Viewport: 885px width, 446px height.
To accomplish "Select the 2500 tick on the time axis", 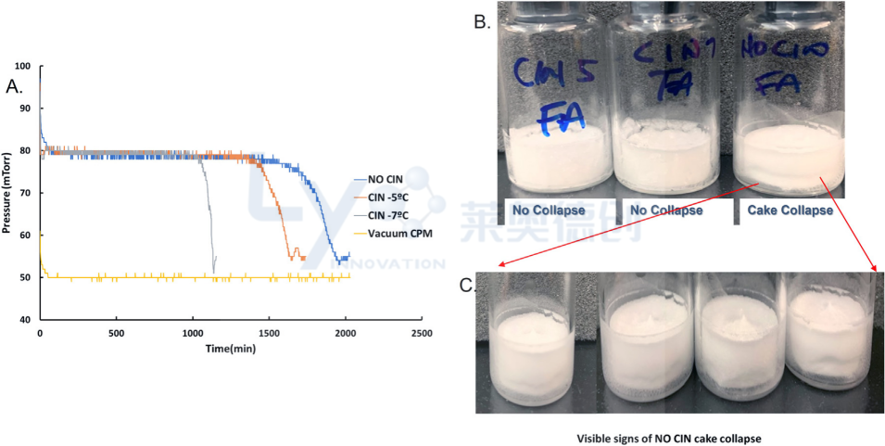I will point(422,332).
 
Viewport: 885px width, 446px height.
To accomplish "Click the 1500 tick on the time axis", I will point(269,332).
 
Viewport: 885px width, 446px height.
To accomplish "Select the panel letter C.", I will point(469,284).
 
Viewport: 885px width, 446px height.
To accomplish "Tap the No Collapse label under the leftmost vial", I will point(555,210).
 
